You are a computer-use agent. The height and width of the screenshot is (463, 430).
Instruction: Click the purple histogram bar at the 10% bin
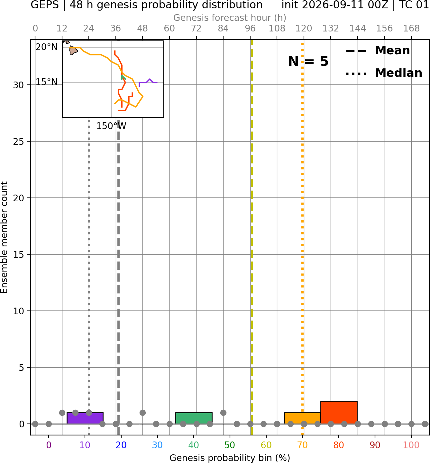(85, 418)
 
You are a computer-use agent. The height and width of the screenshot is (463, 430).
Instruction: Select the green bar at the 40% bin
(194, 418)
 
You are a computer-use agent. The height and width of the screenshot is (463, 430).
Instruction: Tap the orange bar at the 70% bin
(302, 418)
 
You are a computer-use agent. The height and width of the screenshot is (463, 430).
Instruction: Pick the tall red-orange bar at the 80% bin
(339, 412)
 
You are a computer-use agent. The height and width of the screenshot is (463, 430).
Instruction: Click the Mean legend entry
(378, 50)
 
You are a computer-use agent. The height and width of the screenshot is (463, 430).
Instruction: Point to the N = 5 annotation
(308, 61)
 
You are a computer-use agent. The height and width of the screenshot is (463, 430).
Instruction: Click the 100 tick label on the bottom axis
(411, 445)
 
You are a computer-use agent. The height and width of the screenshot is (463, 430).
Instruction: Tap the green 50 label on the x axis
(230, 445)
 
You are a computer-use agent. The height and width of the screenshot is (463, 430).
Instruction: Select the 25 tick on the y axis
(18, 142)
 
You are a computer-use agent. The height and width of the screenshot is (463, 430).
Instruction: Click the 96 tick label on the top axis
(250, 29)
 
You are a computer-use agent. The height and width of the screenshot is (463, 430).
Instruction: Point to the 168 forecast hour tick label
(411, 29)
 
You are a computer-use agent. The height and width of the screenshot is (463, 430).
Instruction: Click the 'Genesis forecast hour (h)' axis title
(230, 18)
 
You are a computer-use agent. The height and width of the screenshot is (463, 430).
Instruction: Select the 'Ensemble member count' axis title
(4, 237)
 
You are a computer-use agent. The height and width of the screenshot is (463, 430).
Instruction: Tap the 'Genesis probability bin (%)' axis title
(230, 458)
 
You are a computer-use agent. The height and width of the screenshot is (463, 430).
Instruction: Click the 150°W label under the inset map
(111, 126)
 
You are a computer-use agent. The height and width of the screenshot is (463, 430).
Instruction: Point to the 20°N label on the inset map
(47, 47)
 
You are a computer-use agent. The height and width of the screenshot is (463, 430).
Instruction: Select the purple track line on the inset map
(148, 82)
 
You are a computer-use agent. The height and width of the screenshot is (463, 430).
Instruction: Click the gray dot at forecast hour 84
(223, 413)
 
